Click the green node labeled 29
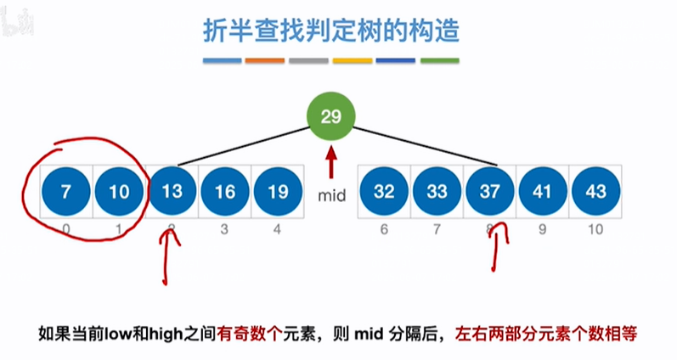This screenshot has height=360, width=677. pos(331,117)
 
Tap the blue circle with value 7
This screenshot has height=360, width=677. pos(65,193)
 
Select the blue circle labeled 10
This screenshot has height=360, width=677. pos(118,193)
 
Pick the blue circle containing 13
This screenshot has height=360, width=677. pos(172,193)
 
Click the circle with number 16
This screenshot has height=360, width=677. pos(224,193)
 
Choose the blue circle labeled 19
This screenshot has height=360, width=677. pos(277,193)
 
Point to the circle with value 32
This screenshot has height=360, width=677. pos(385,193)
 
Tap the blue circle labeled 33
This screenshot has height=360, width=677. pos(437,193)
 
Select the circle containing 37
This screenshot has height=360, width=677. pos(489,193)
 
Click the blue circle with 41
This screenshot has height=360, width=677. pos(542,193)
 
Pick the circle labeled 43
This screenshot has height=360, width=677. pos(595,193)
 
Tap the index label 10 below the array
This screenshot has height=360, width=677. pos(595,229)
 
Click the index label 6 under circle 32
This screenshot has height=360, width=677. pos(385,229)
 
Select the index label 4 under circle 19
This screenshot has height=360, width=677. pos(277,229)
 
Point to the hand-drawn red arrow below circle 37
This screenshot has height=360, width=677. pos(497,246)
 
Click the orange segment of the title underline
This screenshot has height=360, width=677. pos(266,61)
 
